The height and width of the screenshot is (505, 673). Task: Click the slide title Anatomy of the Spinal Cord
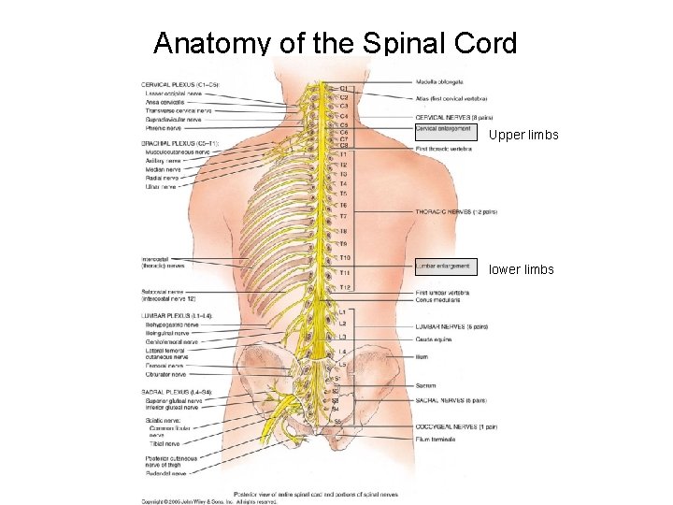(335, 43)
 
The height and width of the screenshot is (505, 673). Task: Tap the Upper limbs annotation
(523, 136)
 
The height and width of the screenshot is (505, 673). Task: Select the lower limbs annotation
(522, 270)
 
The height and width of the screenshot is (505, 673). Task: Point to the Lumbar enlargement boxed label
(443, 267)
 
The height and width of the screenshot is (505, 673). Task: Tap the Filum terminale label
(436, 440)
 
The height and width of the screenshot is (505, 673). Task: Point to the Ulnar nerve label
(161, 187)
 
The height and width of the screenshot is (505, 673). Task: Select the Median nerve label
(164, 169)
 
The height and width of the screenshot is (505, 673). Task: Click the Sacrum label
(426, 384)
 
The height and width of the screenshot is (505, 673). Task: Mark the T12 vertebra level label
(345, 287)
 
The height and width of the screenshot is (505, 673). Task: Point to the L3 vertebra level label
(343, 337)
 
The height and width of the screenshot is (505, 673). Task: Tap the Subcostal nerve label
(163, 292)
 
